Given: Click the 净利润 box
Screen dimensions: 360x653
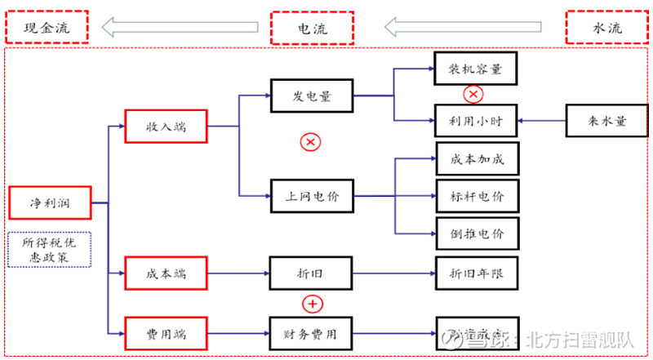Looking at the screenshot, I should (x=49, y=202).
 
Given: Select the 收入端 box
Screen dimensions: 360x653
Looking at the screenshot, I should (x=166, y=127).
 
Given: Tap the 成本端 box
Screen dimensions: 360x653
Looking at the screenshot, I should (x=166, y=273).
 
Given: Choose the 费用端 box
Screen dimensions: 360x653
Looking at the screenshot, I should (x=166, y=333).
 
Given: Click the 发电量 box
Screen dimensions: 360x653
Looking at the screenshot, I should (x=312, y=96).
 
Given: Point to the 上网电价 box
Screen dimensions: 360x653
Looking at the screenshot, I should (x=312, y=196).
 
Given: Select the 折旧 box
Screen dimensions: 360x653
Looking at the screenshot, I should (x=312, y=273).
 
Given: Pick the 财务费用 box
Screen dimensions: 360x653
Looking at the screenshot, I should (x=312, y=333).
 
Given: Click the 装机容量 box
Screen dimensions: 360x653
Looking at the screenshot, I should (x=476, y=69).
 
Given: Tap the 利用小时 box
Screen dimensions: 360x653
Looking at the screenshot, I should (x=476, y=121).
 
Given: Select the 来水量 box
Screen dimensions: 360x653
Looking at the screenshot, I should (x=606, y=121).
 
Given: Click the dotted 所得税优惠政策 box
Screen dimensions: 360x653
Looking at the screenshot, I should (x=49, y=250).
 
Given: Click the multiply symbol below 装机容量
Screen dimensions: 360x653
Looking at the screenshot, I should (x=473, y=95).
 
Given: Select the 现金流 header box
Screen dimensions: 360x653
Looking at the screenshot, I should (x=48, y=28).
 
